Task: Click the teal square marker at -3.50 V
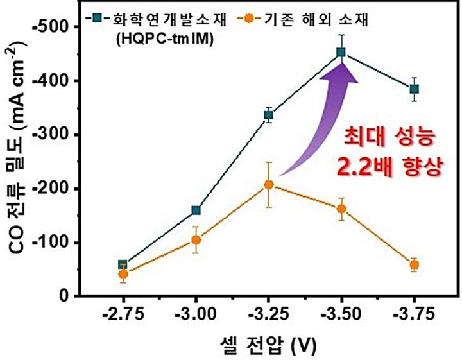341,53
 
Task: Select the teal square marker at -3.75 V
414,89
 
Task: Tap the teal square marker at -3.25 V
268,116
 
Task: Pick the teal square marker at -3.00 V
196,210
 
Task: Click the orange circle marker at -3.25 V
268,185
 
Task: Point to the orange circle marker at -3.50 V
341,209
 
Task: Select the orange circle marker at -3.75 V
414,264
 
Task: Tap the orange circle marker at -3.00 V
196,240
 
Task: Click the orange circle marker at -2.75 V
123,274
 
